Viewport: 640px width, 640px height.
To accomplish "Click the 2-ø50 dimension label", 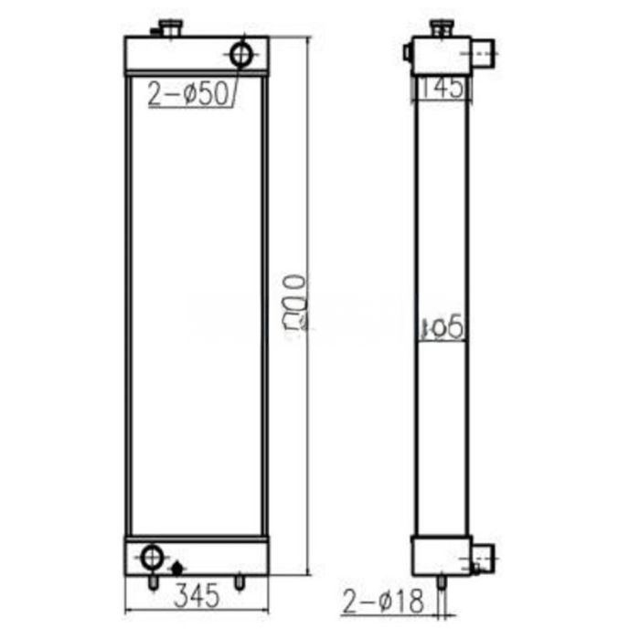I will pos(187,94).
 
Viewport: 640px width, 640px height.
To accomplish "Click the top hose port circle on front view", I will pos(241,54).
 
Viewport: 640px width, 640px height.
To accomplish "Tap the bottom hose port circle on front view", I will pos(152,555).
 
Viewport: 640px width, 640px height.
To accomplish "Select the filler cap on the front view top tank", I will pos(170,27).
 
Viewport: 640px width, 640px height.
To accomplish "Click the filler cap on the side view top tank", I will pos(441,27).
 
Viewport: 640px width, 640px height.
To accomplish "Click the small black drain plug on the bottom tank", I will pos(176,567).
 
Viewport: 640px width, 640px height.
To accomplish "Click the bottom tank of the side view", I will pos(441,554).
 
